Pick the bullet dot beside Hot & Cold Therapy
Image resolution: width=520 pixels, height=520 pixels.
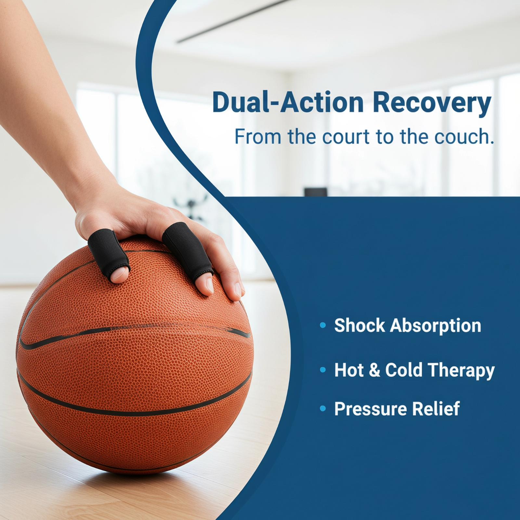coord(323,370)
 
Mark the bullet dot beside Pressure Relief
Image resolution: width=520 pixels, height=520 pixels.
coord(323,409)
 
